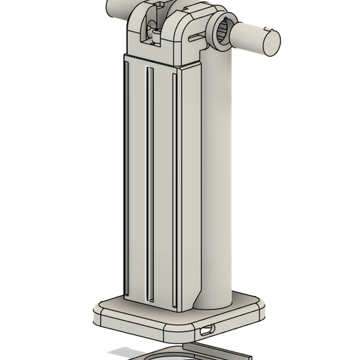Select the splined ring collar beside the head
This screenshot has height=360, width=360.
[x=223, y=31]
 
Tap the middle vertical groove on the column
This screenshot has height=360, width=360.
[x=149, y=181]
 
